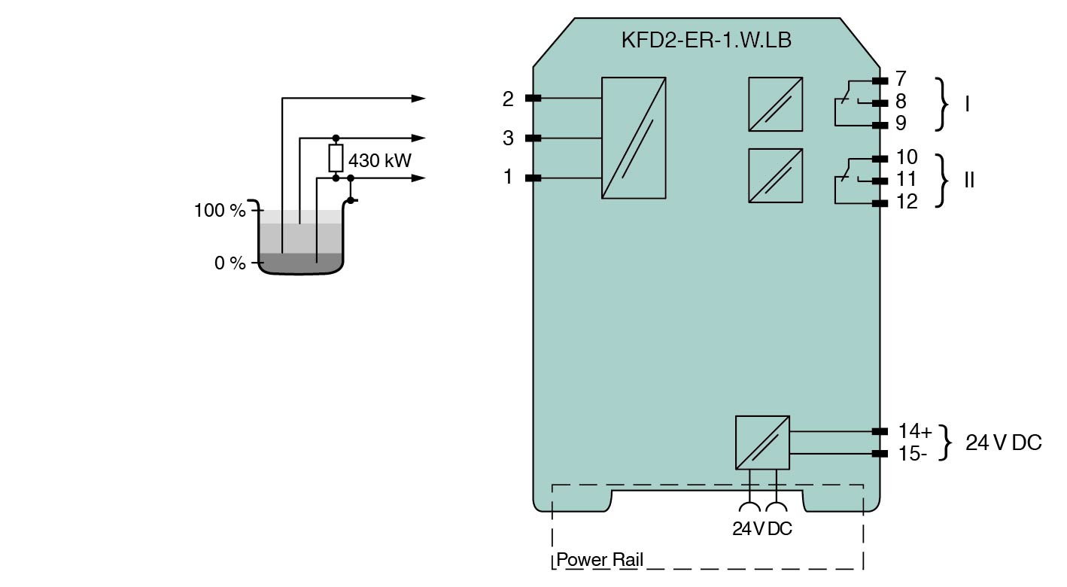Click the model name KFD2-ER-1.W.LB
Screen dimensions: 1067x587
(x=707, y=40)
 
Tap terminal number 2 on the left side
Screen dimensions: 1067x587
(x=508, y=99)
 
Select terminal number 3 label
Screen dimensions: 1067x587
(x=508, y=138)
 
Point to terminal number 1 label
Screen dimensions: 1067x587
(x=508, y=177)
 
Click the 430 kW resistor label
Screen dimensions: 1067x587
(x=380, y=160)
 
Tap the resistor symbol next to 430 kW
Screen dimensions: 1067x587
(x=336, y=158)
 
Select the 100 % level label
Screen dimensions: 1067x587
(x=220, y=210)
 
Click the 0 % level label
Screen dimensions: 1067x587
(x=230, y=263)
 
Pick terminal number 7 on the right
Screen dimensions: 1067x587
(x=900, y=78)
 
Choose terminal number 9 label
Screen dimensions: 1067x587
(x=901, y=123)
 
